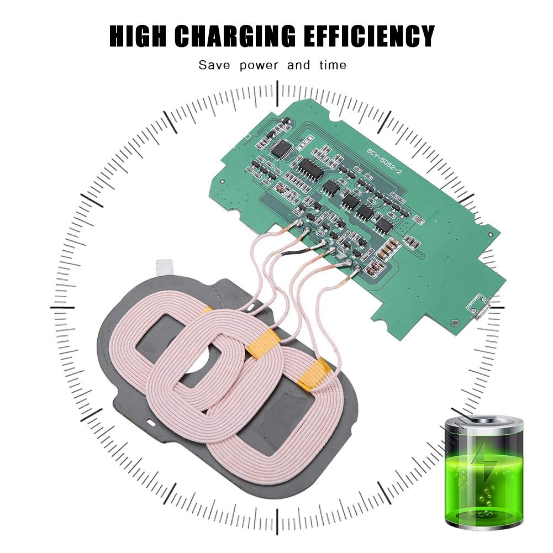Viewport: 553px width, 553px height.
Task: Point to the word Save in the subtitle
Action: [x=214, y=65]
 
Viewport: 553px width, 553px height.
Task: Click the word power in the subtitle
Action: [x=259, y=66]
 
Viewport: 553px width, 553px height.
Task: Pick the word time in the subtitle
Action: [x=333, y=65]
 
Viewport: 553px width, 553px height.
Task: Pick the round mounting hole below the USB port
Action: [x=455, y=322]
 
